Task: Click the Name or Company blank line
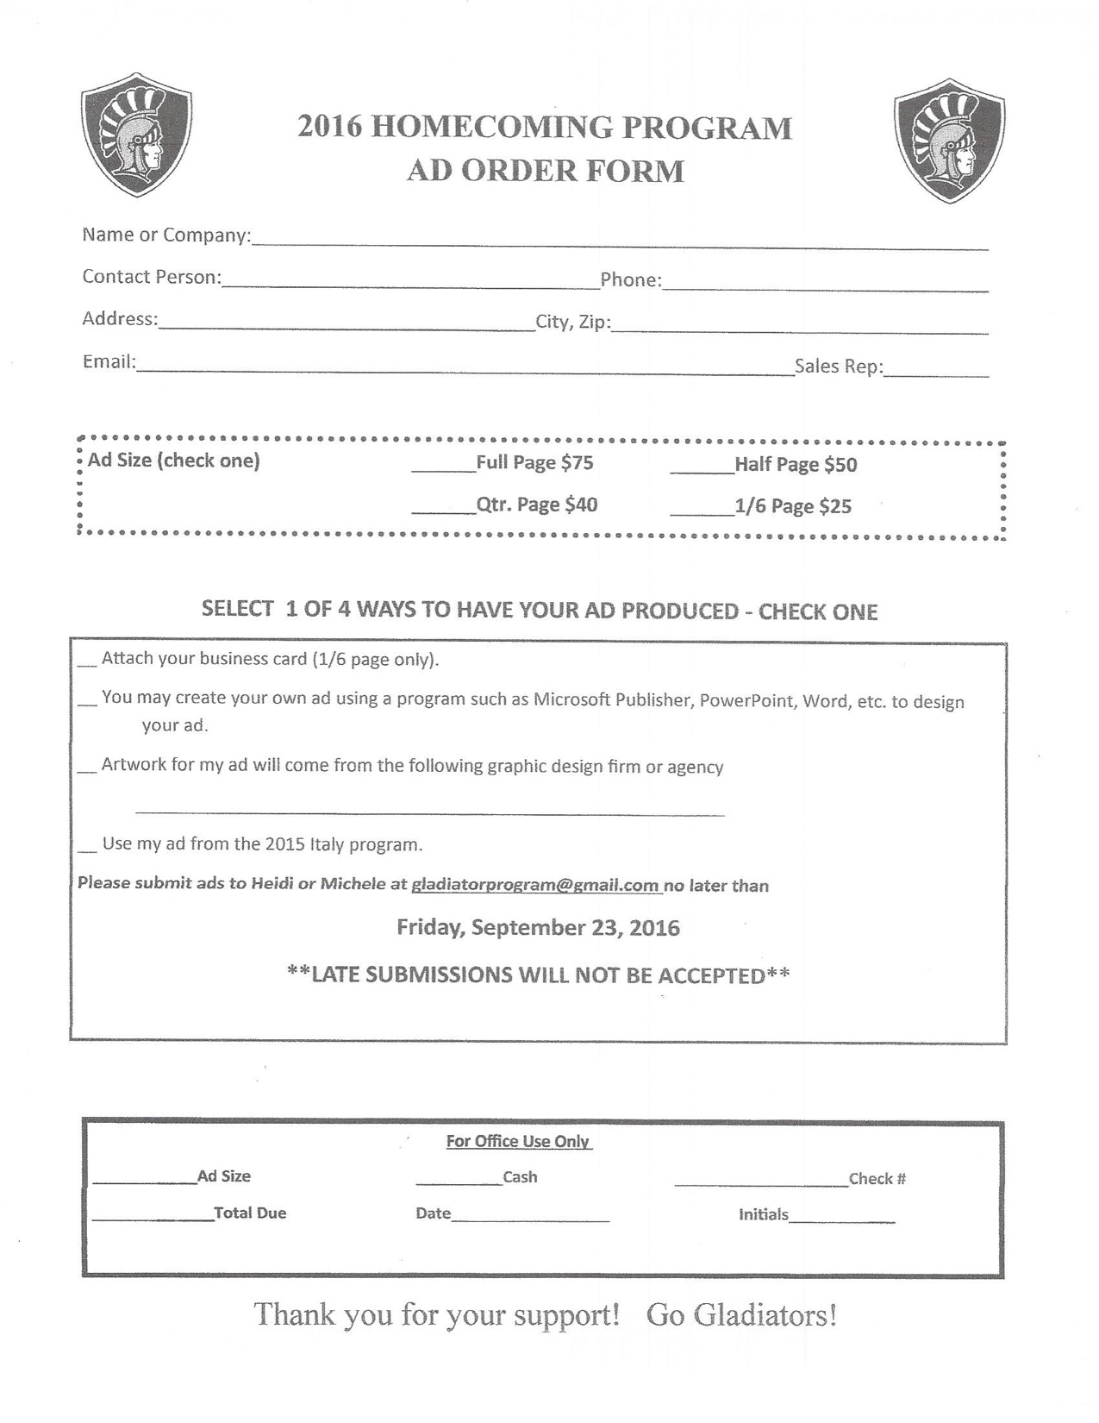point(619,242)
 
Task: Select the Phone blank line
point(825,287)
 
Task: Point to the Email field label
point(109,362)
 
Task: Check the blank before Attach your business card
point(87,663)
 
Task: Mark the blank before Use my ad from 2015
point(87,849)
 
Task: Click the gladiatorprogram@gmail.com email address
point(535,885)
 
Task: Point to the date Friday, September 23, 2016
point(538,928)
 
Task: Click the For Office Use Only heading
point(518,1142)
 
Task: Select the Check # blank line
point(761,1182)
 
